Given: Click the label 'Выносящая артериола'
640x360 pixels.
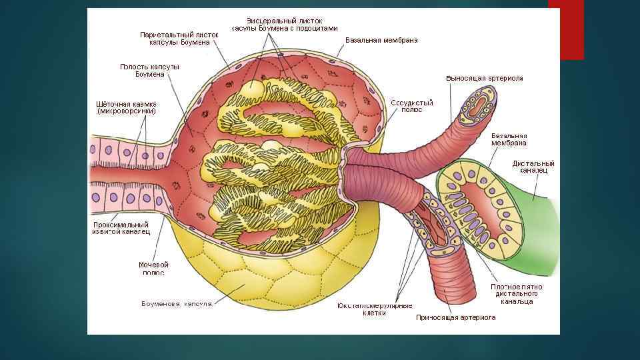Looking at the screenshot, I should point(484,78).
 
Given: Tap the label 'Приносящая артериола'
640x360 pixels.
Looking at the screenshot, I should point(455,318).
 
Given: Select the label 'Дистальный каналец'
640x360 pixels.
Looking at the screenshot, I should point(533,167).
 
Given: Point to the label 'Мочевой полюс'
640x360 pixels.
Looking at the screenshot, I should point(153,269).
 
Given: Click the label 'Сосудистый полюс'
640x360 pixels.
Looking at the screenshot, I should point(411,106).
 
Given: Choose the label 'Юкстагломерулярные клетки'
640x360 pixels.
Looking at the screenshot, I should point(374,309).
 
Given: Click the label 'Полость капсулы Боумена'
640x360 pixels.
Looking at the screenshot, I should point(149,70).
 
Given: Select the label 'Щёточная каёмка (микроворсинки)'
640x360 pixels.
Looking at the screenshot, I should point(127,107).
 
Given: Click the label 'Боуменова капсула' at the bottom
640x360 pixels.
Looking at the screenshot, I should point(177,304).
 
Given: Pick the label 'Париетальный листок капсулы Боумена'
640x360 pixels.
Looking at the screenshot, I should point(179,38).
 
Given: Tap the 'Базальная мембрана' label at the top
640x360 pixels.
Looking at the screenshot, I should point(381,40).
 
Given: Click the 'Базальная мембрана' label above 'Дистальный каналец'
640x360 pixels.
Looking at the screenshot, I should point(509,139).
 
